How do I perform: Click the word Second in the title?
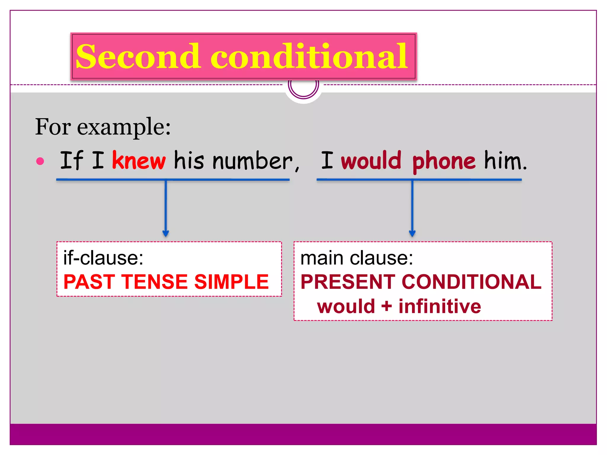click(x=138, y=56)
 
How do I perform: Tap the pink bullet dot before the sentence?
click(x=40, y=161)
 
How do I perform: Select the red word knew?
click(x=139, y=161)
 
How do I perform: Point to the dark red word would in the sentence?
click(x=371, y=161)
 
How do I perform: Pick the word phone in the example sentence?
click(x=444, y=161)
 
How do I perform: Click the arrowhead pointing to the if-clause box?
click(x=166, y=233)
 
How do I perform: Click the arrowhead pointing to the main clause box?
click(x=412, y=233)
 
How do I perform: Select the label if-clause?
click(x=103, y=258)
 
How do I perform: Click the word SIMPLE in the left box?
click(x=231, y=282)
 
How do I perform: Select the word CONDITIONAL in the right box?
click(x=472, y=282)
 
